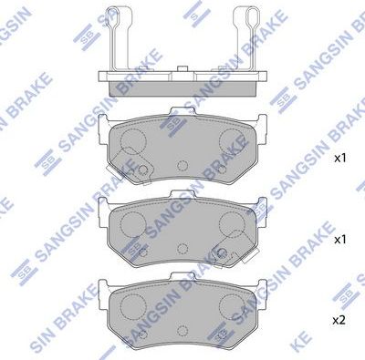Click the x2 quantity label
339,320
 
